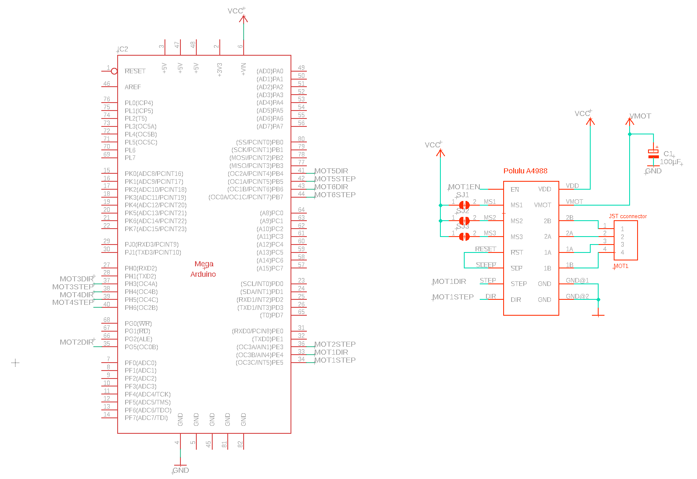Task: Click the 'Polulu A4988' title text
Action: pyautogui.click(x=525, y=171)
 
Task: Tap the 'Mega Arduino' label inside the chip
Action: pyautogui.click(x=203, y=269)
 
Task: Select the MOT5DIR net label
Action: pyautogui.click(x=331, y=171)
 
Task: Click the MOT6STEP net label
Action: pyautogui.click(x=335, y=195)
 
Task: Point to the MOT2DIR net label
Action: pyautogui.click(x=77, y=342)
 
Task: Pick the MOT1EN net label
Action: pyautogui.click(x=464, y=187)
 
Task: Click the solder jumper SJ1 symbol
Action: pyautogui.click(x=464, y=205)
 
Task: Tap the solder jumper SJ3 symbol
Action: pyautogui.click(x=464, y=237)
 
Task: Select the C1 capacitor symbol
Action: pyautogui.click(x=653, y=154)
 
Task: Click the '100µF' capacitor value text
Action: pyautogui.click(x=670, y=162)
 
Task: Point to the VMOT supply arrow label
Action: pyautogui.click(x=640, y=116)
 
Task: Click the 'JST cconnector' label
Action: pyautogui.click(x=628, y=216)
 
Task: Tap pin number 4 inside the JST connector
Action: pyautogui.click(x=622, y=252)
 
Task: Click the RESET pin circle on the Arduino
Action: pyautogui.click(x=114, y=71)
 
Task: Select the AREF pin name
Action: pyautogui.click(x=133, y=87)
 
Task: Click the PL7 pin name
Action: pyautogui.click(x=130, y=158)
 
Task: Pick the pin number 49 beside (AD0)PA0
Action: pyautogui.click(x=301, y=68)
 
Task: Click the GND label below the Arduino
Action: pyautogui.click(x=180, y=470)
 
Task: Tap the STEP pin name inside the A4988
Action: pyautogui.click(x=519, y=284)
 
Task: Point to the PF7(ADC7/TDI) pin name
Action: pyautogui.click(x=146, y=418)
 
